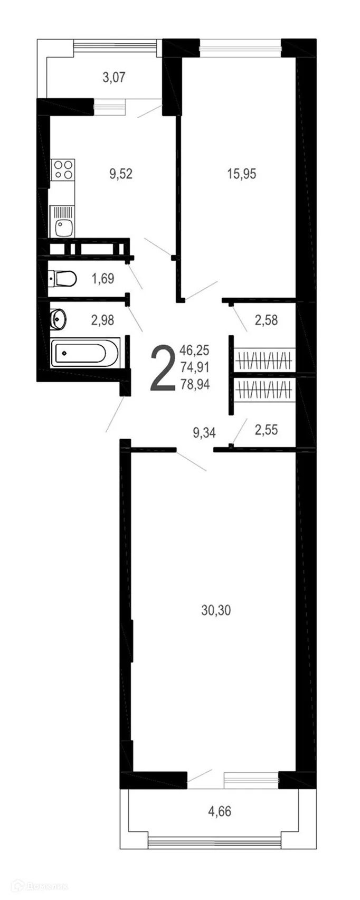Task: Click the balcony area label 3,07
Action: [113, 78]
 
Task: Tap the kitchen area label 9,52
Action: [120, 173]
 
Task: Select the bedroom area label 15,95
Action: [241, 173]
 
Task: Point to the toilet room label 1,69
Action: [103, 278]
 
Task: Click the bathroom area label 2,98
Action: [103, 319]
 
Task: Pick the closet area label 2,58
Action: [266, 320]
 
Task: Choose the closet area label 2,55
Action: [266, 430]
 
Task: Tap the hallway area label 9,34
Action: [204, 433]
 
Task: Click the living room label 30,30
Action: [216, 610]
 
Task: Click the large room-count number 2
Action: [162, 368]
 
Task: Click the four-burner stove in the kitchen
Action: [62, 170]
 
